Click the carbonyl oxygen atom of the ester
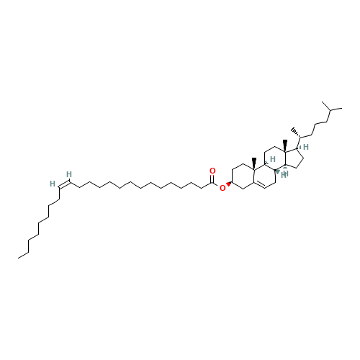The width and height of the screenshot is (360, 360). [212, 171]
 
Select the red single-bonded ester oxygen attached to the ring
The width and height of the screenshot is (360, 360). [222, 188]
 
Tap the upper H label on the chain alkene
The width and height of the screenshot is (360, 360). [69, 174]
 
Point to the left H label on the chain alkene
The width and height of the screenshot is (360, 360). [53, 184]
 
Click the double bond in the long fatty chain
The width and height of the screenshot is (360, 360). [64, 185]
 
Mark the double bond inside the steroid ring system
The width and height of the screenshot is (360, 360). [259, 186]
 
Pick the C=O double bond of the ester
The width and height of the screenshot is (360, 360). [212, 179]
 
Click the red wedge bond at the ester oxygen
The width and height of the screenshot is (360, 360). [229, 184]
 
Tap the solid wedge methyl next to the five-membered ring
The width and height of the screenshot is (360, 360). [285, 145]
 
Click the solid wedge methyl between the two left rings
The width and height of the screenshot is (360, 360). [254, 164]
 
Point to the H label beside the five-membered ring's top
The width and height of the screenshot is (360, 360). [306, 147]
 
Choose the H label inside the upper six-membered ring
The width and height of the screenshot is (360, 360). [273, 159]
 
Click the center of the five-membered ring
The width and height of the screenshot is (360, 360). [293, 159]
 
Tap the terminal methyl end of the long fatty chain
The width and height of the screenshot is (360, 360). [19, 258]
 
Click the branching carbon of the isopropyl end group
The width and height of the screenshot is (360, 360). [330, 110]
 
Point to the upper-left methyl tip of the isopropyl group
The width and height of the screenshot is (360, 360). [322, 102]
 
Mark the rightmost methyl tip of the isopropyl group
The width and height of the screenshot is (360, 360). [342, 109]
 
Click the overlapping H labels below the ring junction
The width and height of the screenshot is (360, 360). [284, 174]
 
